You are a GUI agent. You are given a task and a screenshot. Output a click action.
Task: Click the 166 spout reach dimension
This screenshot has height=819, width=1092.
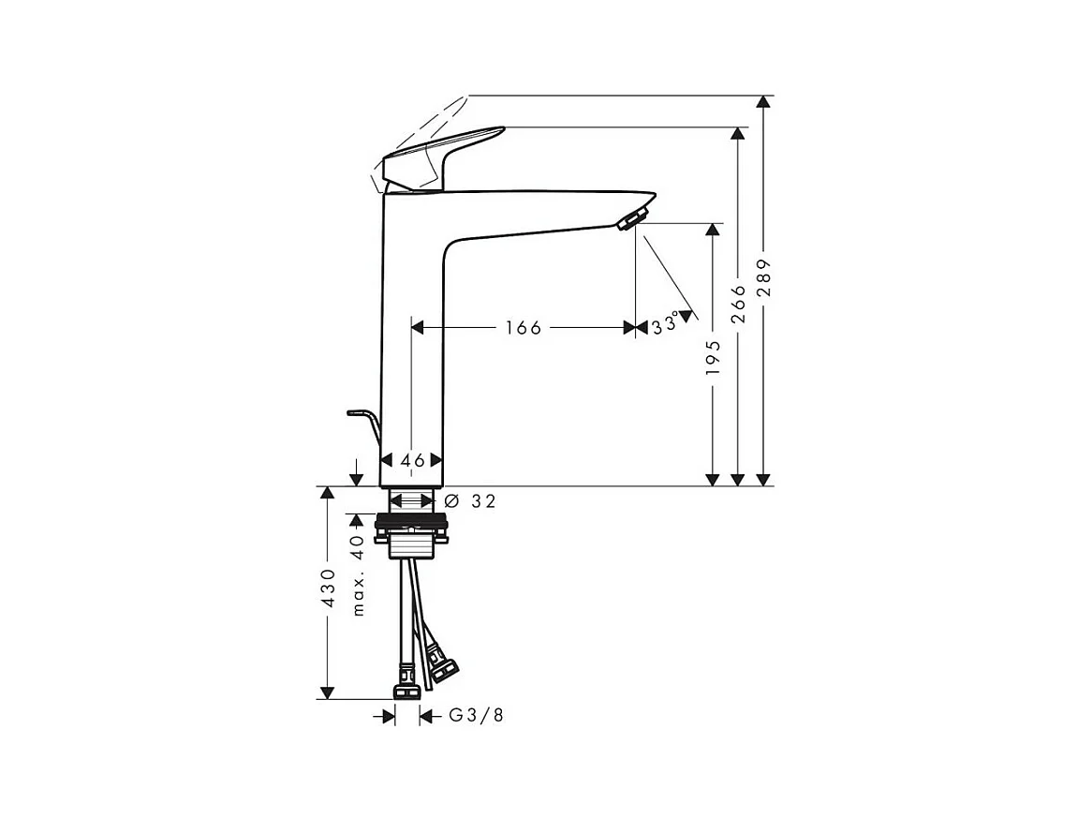[523, 328]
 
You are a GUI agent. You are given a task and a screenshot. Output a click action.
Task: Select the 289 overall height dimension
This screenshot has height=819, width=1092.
[764, 277]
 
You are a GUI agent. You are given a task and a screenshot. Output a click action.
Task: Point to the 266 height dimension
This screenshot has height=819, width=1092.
[738, 304]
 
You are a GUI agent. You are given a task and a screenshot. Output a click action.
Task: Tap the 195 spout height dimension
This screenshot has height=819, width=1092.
[713, 358]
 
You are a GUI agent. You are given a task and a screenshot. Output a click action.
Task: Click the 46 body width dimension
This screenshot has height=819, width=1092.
[412, 460]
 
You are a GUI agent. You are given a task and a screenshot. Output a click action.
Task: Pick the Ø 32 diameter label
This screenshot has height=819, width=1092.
[469, 501]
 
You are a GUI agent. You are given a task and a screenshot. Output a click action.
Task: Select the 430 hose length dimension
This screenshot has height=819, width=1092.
[328, 588]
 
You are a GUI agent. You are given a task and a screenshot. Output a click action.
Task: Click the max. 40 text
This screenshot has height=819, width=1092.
[357, 575]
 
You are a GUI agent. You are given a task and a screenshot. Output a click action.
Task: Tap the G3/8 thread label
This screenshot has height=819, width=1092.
[477, 715]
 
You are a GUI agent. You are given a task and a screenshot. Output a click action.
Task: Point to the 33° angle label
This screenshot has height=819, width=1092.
[665, 325]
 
